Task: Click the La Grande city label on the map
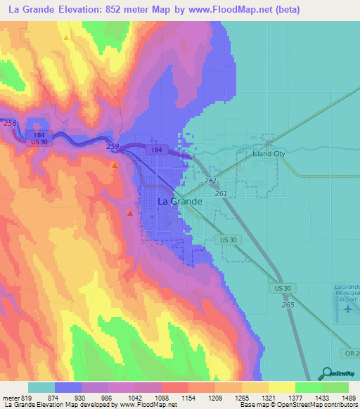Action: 179,201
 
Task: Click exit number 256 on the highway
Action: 9,123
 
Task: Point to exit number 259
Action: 112,146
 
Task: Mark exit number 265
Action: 287,304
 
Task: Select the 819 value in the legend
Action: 27,398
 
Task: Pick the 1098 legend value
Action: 163,398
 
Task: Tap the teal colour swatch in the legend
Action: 41,387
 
